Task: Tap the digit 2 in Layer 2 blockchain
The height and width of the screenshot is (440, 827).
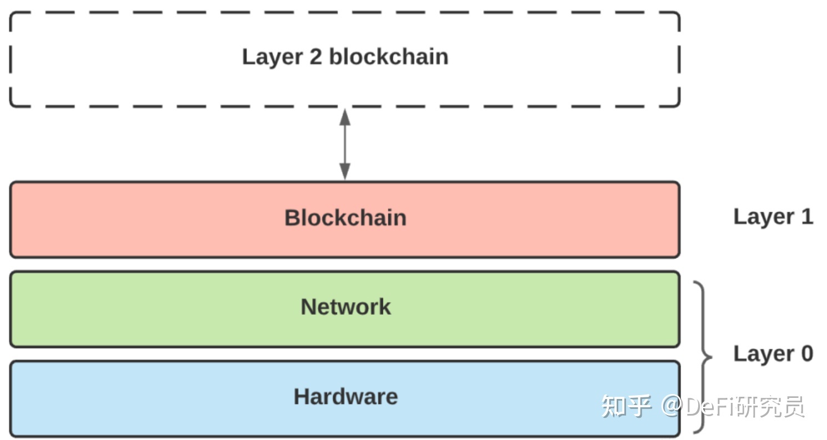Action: (315, 57)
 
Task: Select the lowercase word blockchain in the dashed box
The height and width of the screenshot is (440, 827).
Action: (389, 57)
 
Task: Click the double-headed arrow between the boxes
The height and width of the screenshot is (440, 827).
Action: (345, 144)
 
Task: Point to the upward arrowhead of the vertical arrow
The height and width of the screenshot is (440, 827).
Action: (345, 116)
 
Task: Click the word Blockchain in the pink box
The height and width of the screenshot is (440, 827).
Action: (345, 218)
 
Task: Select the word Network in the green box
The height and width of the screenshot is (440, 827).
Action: (345, 307)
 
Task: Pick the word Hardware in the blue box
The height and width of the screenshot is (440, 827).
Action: (345, 397)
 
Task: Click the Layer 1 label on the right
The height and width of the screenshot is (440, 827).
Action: (773, 217)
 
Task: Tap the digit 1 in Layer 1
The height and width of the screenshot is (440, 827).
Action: (806, 216)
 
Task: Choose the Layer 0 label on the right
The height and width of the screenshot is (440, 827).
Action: (773, 354)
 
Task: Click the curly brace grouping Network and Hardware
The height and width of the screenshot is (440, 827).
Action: (704, 357)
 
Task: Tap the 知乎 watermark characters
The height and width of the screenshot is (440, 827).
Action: (627, 407)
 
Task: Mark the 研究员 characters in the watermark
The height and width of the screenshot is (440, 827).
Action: (771, 407)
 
